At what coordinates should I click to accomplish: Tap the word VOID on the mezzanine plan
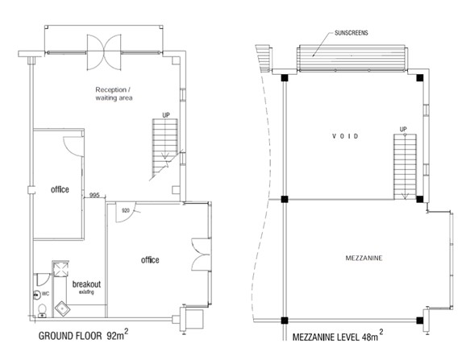point(350,136)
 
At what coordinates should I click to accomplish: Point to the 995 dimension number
point(95,196)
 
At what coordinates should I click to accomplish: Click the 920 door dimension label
point(126,211)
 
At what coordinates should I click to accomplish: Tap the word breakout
point(86,285)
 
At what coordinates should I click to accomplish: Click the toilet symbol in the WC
point(41,310)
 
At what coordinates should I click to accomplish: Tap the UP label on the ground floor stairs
point(165,114)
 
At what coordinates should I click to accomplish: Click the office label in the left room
point(59,190)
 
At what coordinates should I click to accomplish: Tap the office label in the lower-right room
point(149,260)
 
